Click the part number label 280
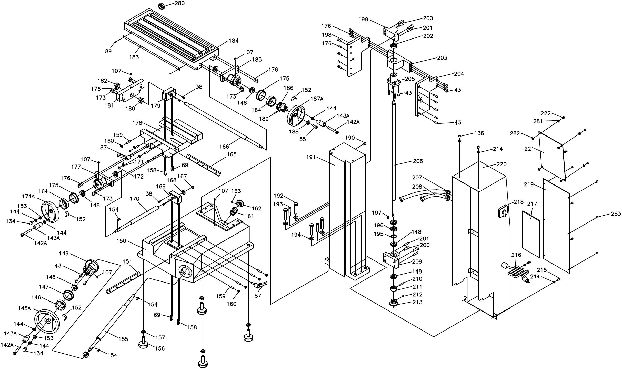(x=179, y=3)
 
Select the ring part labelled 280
(x=162, y=6)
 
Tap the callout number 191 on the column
(x=311, y=157)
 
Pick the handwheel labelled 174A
(x=51, y=212)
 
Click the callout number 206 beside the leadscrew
(x=418, y=161)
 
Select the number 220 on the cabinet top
(x=502, y=164)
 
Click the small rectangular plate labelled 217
(x=531, y=234)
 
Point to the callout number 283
(x=616, y=213)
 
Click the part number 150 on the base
(x=121, y=241)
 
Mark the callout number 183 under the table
(x=134, y=57)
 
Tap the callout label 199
(x=363, y=20)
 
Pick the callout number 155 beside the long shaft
(x=123, y=339)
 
